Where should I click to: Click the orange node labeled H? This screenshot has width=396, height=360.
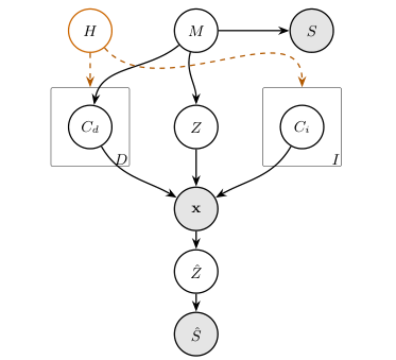point(90,31)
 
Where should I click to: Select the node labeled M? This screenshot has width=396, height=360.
point(196,31)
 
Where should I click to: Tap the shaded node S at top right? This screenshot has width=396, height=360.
point(312,31)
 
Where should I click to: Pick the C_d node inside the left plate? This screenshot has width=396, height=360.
point(90,127)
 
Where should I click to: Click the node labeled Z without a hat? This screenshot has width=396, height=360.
point(196,127)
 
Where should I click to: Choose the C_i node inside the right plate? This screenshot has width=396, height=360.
point(302,127)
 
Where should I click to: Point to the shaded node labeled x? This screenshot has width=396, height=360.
point(196,209)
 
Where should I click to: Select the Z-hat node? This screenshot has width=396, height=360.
point(196,271)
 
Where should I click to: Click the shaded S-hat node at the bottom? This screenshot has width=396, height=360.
point(196,334)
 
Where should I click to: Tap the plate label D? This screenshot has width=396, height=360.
point(122,159)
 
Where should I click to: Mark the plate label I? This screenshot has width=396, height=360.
point(336,160)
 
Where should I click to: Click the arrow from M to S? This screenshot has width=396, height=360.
point(253,31)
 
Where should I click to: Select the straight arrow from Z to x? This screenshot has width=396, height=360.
point(196,167)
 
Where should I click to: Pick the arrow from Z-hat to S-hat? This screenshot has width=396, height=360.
point(196,303)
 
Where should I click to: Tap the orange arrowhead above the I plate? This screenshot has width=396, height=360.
point(302,82)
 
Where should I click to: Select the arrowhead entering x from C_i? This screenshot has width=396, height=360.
point(222,193)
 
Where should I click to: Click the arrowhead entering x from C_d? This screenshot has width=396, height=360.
point(171,193)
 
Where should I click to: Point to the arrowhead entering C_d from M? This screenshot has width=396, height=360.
point(96,99)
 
